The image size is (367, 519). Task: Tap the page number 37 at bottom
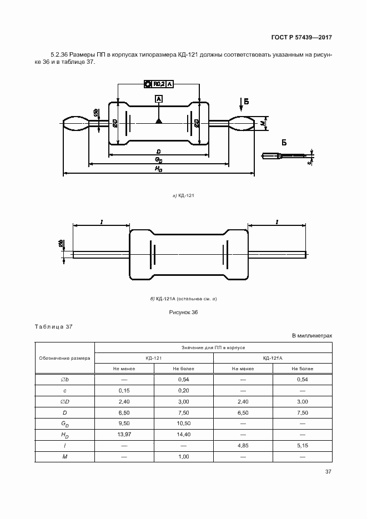(328, 472)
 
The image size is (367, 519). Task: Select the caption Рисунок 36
(183, 313)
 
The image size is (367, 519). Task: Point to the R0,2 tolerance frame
(159, 84)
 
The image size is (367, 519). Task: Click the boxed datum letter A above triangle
(159, 98)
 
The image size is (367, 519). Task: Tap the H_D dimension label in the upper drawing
(158, 169)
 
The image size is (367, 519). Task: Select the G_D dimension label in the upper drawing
(158, 159)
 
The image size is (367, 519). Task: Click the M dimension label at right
(262, 123)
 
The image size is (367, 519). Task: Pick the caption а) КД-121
(183, 195)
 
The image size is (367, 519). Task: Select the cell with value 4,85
(243, 445)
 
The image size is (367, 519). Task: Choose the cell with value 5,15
(302, 445)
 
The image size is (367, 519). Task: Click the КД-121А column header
(273, 358)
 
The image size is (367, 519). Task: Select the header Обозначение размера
(65, 358)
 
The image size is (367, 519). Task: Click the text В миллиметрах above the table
(311, 336)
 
